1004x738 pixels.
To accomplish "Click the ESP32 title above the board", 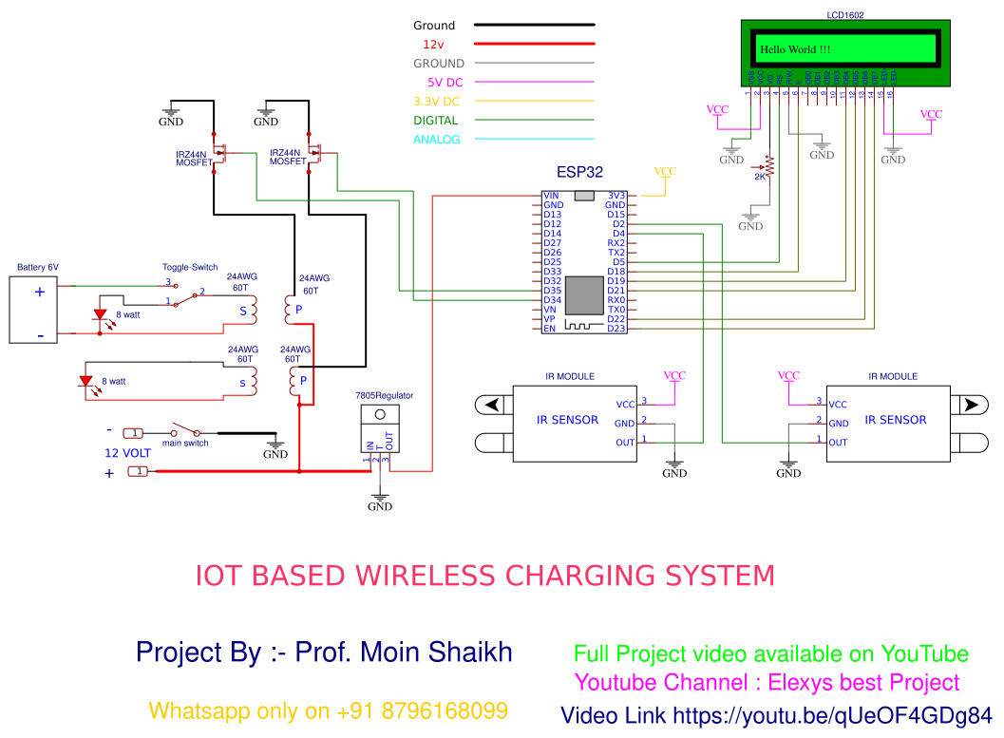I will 579,174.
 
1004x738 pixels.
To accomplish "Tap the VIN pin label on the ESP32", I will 551,196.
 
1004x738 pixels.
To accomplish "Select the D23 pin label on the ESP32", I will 616,329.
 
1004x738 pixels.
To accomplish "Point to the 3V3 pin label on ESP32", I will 616,196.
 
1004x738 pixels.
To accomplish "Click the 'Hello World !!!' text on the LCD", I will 794,49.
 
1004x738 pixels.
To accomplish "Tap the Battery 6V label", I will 37,268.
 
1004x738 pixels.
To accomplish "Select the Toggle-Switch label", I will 190,268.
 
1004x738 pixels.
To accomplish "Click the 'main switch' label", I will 185,443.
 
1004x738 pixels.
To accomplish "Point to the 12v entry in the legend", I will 434,45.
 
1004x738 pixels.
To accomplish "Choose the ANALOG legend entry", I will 436,140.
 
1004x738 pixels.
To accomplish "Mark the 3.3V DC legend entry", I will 436,102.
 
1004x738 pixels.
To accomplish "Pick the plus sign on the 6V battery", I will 40,292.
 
